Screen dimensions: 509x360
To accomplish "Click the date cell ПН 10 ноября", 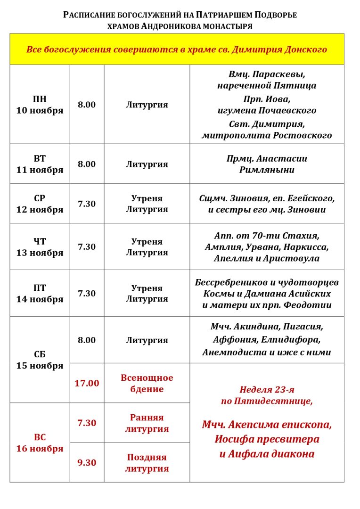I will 40,105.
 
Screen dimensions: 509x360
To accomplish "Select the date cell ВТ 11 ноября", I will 40,164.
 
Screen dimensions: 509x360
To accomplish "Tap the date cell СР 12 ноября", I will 40,204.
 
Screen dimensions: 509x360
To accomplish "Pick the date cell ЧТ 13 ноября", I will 40,247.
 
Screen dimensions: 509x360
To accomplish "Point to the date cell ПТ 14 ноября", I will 40,293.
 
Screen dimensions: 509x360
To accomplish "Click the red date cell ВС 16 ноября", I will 40,443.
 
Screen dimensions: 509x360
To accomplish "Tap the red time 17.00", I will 87,383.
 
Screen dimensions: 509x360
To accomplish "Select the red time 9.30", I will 87,463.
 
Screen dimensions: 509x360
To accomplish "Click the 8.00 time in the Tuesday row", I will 87,164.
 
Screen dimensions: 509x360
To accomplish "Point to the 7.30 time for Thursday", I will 87,246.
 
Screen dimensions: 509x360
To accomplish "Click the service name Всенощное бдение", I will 147,384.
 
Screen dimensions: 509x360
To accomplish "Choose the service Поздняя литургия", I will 147,463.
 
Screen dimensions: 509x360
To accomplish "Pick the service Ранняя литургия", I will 147,423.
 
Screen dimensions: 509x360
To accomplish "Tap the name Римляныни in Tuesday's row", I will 267,170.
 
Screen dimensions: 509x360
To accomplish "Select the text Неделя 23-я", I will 267,390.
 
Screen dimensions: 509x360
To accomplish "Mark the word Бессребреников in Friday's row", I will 228,282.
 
